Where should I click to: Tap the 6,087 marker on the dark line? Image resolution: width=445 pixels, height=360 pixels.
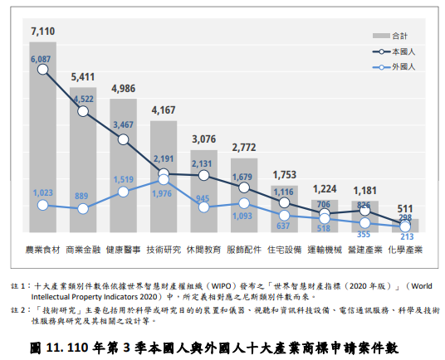coord(42,69)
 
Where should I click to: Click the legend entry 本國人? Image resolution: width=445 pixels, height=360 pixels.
coord(407,51)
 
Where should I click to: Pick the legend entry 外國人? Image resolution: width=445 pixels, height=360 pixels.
coord(407,66)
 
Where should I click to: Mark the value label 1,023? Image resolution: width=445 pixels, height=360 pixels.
coord(42,192)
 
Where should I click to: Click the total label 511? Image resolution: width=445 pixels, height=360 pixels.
coord(404,208)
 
